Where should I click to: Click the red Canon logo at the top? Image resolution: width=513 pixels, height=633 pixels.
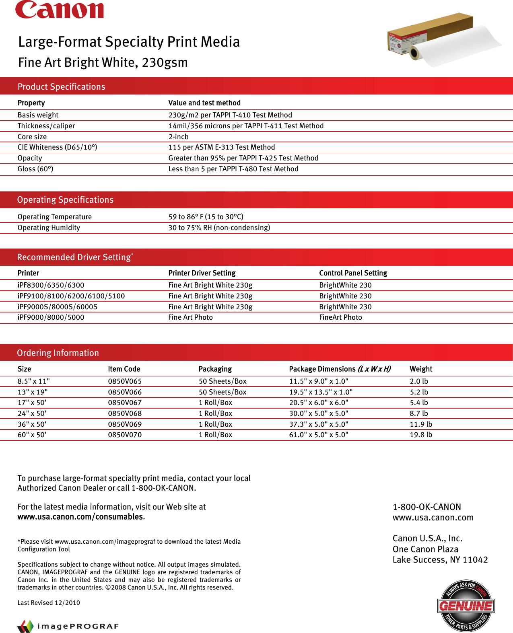click(x=60, y=10)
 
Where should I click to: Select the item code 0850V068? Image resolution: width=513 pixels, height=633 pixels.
click(x=125, y=413)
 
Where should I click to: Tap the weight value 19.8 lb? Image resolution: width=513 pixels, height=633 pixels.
click(x=421, y=435)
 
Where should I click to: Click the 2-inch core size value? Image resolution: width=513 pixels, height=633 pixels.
click(x=178, y=137)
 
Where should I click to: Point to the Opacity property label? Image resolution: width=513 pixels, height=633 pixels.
click(x=30, y=158)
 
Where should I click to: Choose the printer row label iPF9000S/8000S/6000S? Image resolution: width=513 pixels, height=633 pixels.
click(x=58, y=307)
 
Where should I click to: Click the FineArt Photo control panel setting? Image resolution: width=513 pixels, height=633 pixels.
click(x=340, y=317)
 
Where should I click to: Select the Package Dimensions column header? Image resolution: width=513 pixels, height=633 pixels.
click(x=340, y=369)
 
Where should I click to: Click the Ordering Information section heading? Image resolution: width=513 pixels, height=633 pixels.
click(x=58, y=353)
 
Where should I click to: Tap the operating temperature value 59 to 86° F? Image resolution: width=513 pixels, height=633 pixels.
click(x=206, y=217)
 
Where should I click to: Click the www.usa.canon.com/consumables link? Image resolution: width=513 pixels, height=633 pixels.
click(x=80, y=517)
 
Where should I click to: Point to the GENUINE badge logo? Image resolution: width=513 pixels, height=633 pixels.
click(x=466, y=606)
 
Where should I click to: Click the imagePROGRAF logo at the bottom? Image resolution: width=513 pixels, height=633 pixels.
click(x=68, y=626)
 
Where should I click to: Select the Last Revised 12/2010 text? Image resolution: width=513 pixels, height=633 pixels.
click(x=49, y=602)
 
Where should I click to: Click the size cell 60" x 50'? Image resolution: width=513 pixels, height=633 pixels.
click(x=32, y=435)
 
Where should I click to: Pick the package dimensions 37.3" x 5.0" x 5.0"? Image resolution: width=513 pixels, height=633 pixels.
click(x=319, y=424)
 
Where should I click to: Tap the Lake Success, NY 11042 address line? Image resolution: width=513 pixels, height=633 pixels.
click(x=440, y=560)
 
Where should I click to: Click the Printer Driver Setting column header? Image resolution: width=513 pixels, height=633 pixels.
click(x=202, y=273)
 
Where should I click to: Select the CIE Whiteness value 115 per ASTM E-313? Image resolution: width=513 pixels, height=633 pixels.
click(x=222, y=147)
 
